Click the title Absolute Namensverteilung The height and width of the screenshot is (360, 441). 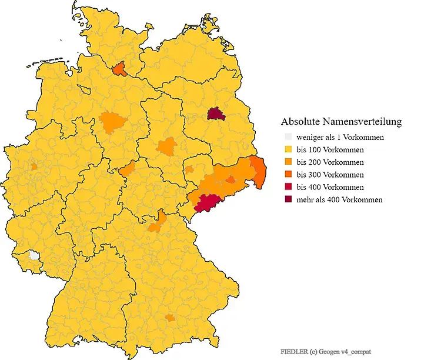coord(341,122)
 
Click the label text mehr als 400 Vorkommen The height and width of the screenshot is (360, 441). coord(339,199)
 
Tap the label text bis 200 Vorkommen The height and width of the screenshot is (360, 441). coord(330,162)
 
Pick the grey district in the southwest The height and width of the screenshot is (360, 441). coord(35,256)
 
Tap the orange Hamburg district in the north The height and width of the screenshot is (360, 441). coord(119,69)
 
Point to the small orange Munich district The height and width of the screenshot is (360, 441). coord(169,318)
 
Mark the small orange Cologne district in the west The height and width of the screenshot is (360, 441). coord(34,166)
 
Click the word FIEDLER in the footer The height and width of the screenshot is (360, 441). coord(293,351)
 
